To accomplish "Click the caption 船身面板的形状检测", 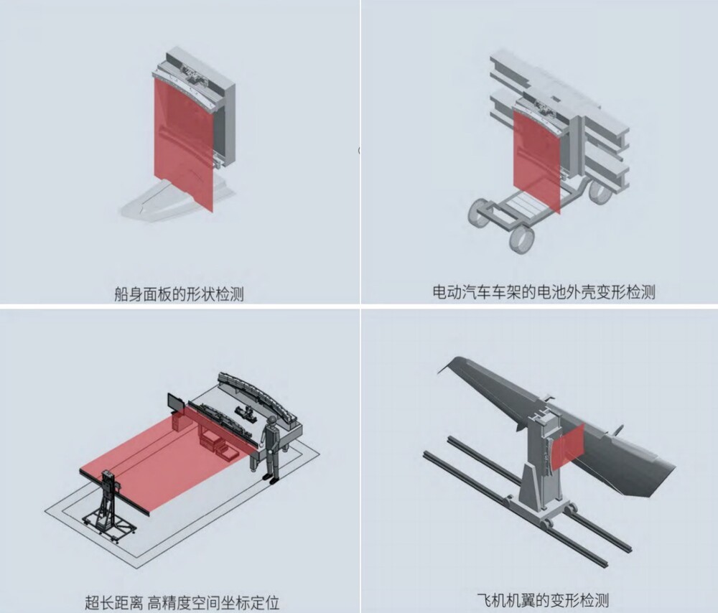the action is pyautogui.click(x=179, y=294).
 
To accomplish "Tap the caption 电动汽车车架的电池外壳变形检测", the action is pyautogui.click(x=544, y=291).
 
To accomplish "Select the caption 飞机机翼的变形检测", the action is pyautogui.click(x=543, y=599).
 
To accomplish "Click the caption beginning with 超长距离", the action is pyautogui.click(x=182, y=602).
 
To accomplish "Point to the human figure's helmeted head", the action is pyautogui.click(x=272, y=420).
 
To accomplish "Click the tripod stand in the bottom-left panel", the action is pyautogui.click(x=109, y=508).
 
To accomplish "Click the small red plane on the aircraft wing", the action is pyautogui.click(x=569, y=446).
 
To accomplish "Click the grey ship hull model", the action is pyautogui.click(x=177, y=202).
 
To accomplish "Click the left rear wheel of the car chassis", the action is pyautogui.click(x=479, y=213).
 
